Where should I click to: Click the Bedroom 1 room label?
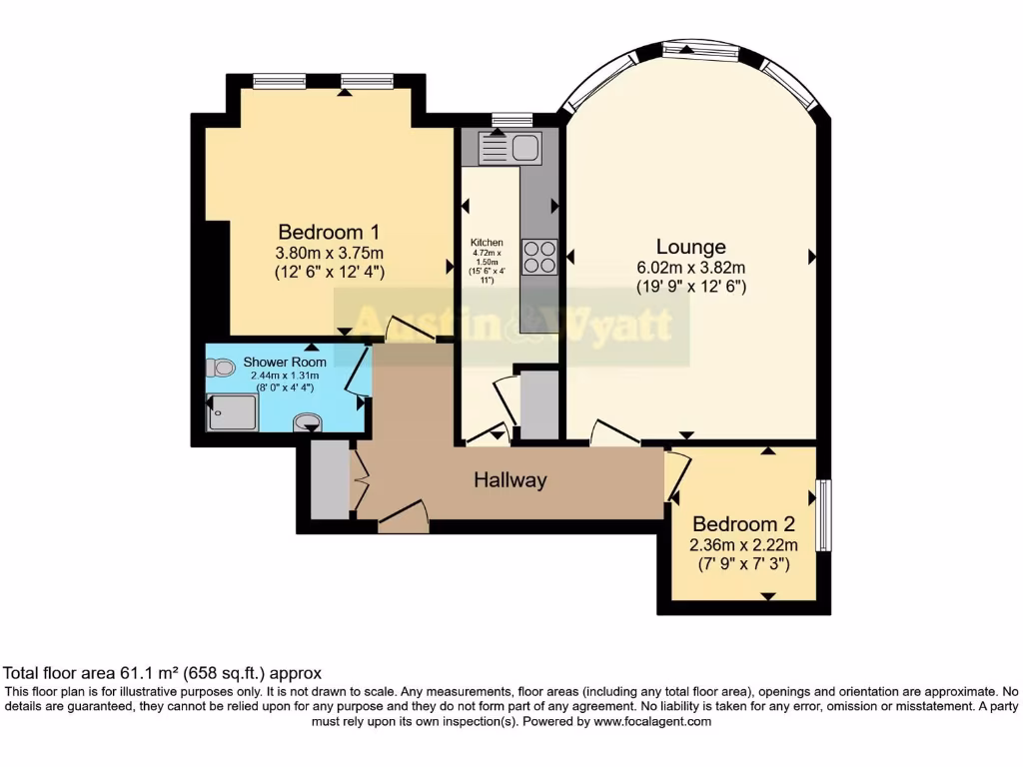[328, 231]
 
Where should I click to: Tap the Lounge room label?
[690, 247]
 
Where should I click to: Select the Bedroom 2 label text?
[743, 524]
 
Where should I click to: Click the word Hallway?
[510, 480]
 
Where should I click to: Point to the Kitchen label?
[487, 243]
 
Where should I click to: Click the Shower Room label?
[285, 362]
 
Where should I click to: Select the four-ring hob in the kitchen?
[539, 256]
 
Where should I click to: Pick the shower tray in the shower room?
[232, 411]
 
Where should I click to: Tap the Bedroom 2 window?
[823, 514]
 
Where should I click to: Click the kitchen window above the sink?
[511, 120]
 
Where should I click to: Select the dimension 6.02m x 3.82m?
[690, 268]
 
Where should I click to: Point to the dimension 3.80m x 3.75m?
[329, 252]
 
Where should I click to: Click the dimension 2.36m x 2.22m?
[743, 545]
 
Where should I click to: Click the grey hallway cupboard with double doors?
[329, 479]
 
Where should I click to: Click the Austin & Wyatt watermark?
[511, 325]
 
